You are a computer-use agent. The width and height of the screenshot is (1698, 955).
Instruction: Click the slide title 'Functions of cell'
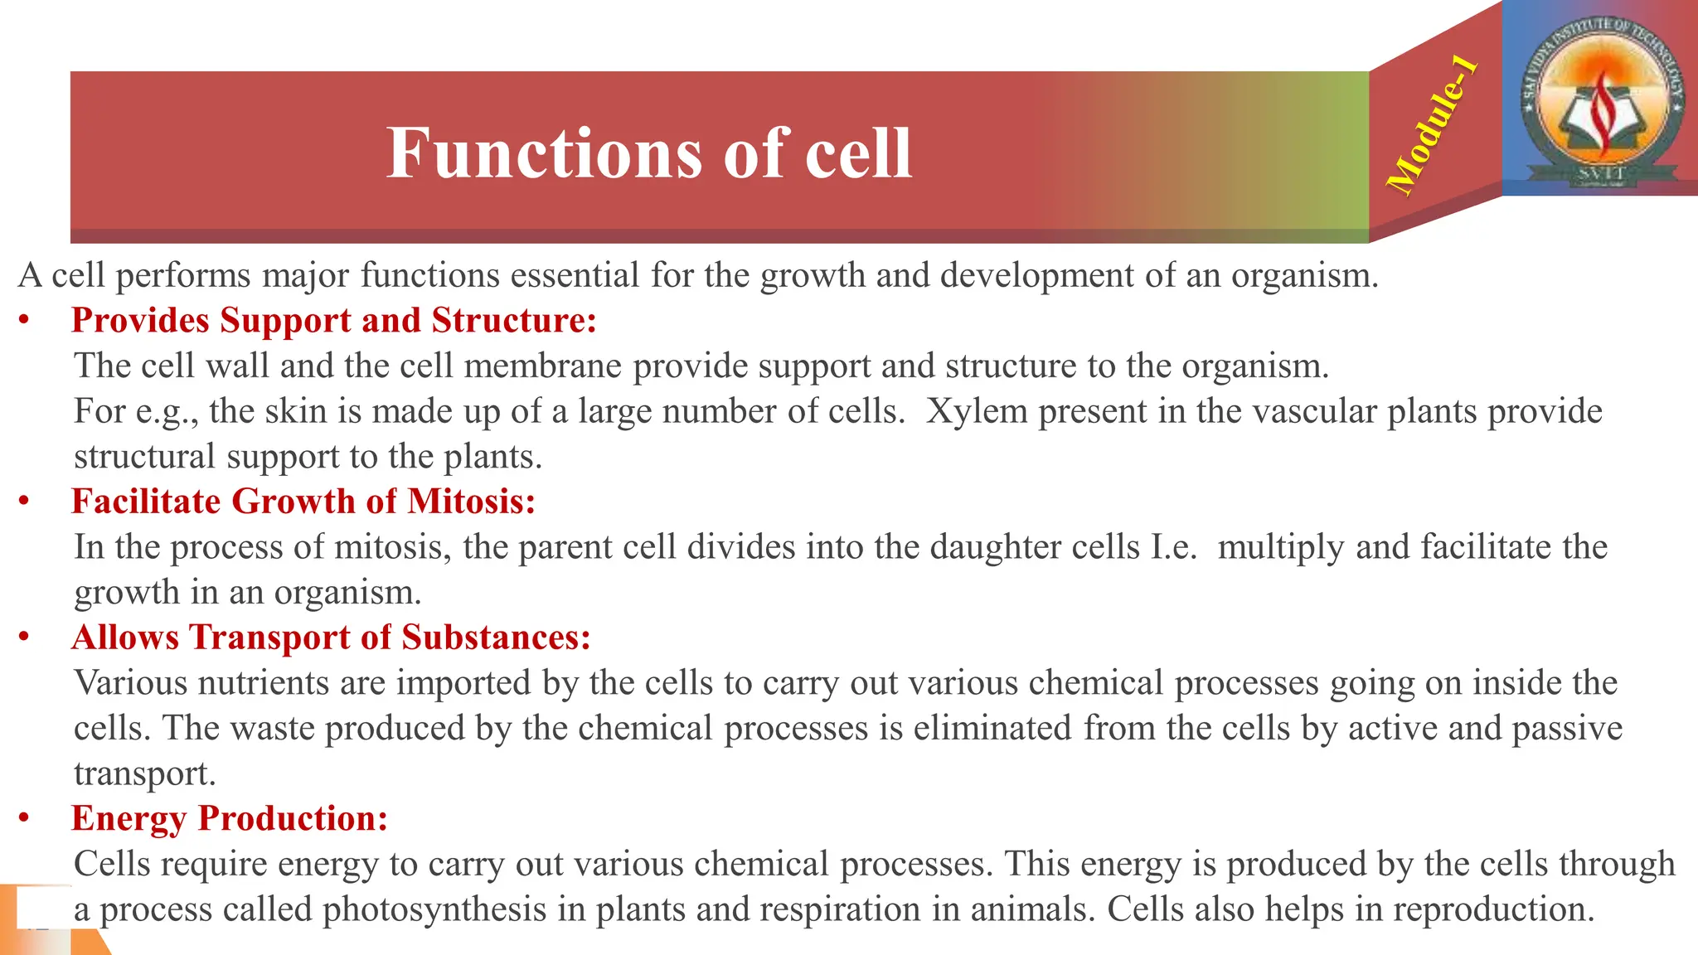pyautogui.click(x=649, y=153)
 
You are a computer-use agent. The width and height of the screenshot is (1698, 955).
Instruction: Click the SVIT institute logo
pyautogui.click(x=1600, y=98)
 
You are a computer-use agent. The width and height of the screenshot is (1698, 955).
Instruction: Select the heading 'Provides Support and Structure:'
pyautogui.click(x=334, y=321)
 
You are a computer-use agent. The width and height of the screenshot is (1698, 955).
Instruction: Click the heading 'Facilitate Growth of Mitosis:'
pyautogui.click(x=303, y=502)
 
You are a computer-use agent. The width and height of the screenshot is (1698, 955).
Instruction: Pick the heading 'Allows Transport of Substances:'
pyautogui.click(x=331, y=637)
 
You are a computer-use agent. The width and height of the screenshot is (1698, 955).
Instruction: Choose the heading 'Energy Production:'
pyautogui.click(x=230, y=818)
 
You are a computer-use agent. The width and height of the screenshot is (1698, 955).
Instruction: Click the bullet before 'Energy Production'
pyautogui.click(x=25, y=818)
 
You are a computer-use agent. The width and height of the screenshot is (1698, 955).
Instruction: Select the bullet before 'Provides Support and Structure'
pyautogui.click(x=25, y=321)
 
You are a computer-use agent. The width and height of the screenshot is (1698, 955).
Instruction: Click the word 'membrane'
pyautogui.click(x=542, y=366)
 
